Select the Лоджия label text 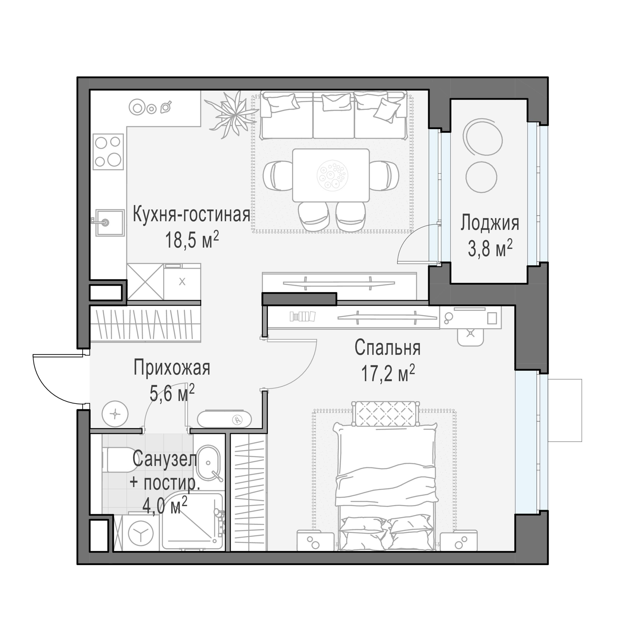pos(490,223)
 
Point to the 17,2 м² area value pos(388,374)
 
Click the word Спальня pos(387,348)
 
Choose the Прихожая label pos(172,368)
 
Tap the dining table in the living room pos(331,175)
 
